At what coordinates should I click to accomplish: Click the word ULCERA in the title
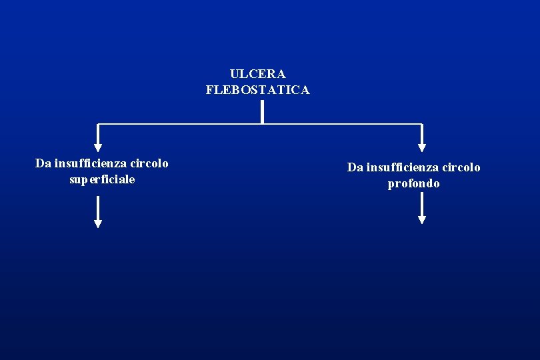[x=257, y=74]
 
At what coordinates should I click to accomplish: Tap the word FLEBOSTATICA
[x=257, y=90]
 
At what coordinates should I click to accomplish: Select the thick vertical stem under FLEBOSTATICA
[x=262, y=112]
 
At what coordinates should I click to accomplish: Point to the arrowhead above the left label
[x=98, y=147]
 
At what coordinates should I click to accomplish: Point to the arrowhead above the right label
[x=421, y=147]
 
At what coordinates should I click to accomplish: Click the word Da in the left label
[x=43, y=163]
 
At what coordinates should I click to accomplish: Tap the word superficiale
[x=102, y=179]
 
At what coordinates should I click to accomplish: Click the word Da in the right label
[x=355, y=167]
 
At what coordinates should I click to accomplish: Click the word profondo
[x=413, y=183]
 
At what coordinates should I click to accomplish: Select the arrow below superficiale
[x=98, y=213]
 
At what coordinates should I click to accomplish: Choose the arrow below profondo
[x=421, y=211]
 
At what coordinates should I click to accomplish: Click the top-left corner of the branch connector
[x=98, y=124]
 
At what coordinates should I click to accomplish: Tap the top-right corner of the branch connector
[x=421, y=124]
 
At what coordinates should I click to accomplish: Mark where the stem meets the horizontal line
[x=262, y=124]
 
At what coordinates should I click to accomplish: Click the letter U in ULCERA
[x=234, y=74]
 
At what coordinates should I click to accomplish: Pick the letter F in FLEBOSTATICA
[x=210, y=90]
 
